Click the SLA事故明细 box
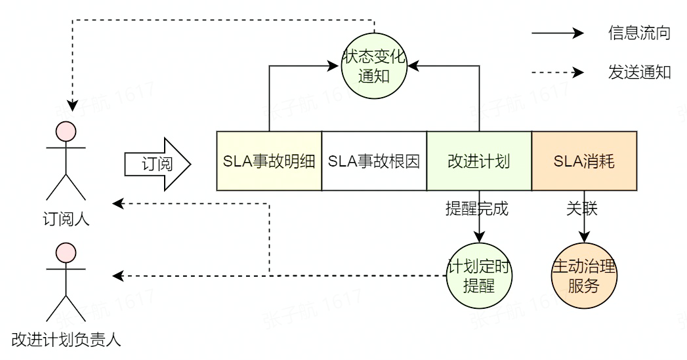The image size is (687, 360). coord(269,161)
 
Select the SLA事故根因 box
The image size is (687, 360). coord(374,161)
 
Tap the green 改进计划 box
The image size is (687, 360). coord(479,161)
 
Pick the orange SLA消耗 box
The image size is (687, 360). coord(584,161)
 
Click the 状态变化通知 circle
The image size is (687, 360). coord(375,66)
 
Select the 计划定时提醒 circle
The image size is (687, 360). coord(479,275)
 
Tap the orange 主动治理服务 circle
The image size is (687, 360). coord(584,275)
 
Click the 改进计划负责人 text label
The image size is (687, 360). coord(66,340)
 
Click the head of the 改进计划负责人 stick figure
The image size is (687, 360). coord(66,252)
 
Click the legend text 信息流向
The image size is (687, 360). coord(638,33)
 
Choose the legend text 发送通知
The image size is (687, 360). coord(638,72)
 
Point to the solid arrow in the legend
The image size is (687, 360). coord(557,33)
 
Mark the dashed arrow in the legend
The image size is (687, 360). coord(557,72)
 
